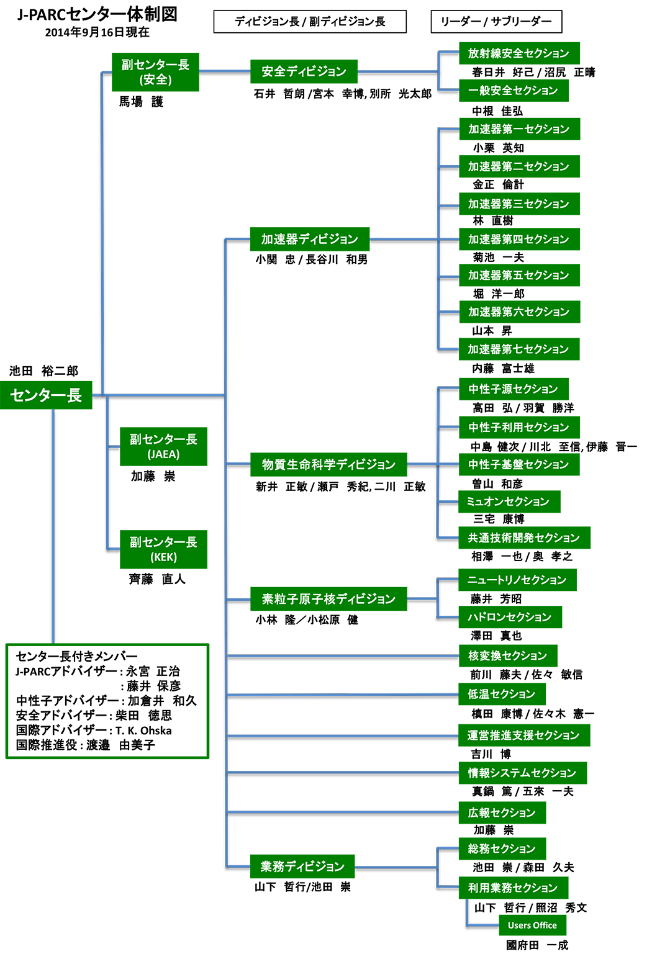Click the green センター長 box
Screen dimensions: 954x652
pos(46,395)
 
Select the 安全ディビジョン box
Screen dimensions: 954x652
pos(304,71)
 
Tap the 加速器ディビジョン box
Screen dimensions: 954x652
pos(309,239)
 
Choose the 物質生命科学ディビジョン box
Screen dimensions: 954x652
pos(328,464)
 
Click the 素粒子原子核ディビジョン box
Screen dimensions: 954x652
pos(328,599)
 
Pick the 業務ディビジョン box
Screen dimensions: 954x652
pos(302,866)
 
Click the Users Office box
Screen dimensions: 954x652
pos(532,925)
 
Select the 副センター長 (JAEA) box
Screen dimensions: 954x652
pos(163,446)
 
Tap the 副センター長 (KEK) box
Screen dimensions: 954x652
pos(163,549)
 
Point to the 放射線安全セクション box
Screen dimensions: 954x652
pos(518,53)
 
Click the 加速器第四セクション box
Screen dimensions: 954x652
pos(518,239)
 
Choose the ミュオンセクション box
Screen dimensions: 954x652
pos(509,502)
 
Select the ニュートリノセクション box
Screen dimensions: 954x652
pos(517,580)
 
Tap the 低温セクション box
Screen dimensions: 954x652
pos(501,694)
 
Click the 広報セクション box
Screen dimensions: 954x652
pos(502,812)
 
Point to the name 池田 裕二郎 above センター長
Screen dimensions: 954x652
pos(43,371)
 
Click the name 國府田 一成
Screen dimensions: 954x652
pos(537,945)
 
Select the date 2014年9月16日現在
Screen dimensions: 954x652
pos(97,33)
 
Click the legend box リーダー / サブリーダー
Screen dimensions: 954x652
pos(496,22)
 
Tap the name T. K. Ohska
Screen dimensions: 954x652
pos(143,731)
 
